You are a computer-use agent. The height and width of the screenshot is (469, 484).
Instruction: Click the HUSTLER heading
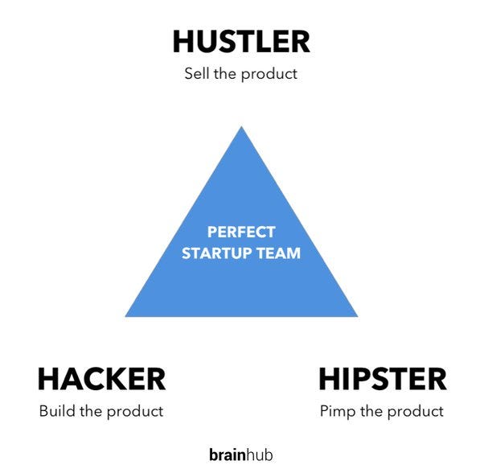click(x=241, y=41)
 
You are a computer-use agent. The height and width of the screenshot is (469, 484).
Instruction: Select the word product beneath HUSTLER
click(x=270, y=74)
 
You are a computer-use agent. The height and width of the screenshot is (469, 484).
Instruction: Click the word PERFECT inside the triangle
click(x=241, y=232)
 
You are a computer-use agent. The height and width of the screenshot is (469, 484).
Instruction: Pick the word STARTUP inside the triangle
click(x=222, y=253)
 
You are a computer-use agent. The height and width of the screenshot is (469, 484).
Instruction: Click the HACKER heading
click(x=101, y=378)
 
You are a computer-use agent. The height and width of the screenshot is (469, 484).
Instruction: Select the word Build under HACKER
click(x=56, y=411)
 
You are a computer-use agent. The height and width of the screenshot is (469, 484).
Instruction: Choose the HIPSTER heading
click(x=382, y=378)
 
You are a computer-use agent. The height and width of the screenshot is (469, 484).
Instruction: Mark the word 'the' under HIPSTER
click(x=371, y=411)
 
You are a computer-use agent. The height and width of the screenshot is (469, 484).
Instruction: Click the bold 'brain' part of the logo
click(x=227, y=455)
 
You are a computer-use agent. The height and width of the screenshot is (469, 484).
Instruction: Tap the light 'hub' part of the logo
click(x=260, y=455)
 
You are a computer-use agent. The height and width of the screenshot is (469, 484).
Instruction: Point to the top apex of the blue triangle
click(x=241, y=129)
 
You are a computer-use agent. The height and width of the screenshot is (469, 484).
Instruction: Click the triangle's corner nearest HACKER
click(x=128, y=315)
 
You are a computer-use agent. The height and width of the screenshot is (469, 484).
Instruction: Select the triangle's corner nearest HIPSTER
click(x=355, y=315)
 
